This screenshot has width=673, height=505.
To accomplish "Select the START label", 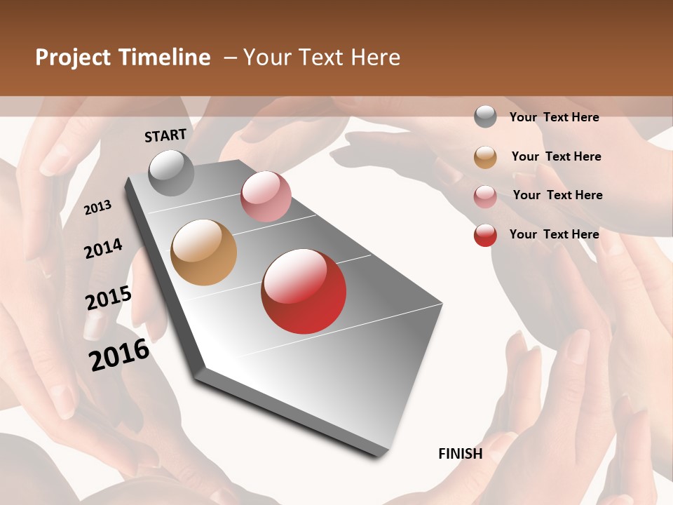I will pyautogui.click(x=165, y=135).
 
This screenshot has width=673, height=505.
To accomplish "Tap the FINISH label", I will pyautogui.click(x=461, y=454).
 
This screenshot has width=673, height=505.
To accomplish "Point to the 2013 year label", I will pyautogui.click(x=98, y=208).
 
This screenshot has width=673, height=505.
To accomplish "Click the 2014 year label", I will pyautogui.click(x=103, y=248).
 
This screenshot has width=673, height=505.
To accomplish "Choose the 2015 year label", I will pyautogui.click(x=109, y=298).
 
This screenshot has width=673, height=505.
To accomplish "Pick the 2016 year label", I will pyautogui.click(x=119, y=354).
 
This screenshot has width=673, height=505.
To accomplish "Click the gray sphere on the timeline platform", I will pyautogui.click(x=172, y=173).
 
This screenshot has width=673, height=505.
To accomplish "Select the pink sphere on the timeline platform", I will pyautogui.click(x=266, y=196).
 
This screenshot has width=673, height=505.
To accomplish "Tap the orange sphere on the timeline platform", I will pyautogui.click(x=204, y=252).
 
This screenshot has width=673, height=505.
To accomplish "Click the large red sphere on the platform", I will pyautogui.click(x=304, y=291).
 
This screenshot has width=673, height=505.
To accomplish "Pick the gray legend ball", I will pyautogui.click(x=485, y=117).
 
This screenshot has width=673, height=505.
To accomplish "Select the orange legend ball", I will pyautogui.click(x=485, y=157).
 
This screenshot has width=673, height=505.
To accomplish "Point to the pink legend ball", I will pyautogui.click(x=485, y=196).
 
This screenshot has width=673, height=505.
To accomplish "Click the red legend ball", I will pyautogui.click(x=485, y=235).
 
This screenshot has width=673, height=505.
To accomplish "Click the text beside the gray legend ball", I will pyautogui.click(x=554, y=117).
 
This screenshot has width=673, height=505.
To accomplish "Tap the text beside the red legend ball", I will pyautogui.click(x=554, y=234).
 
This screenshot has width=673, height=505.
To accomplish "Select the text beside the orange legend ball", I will pyautogui.click(x=556, y=156).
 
